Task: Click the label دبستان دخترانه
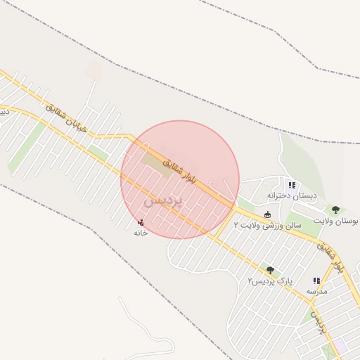[x=291, y=196]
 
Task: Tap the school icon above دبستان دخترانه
[x=291, y=186]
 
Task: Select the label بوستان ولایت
[x=335, y=221]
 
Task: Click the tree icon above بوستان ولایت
[x=335, y=210]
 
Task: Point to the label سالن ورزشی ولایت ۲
[x=268, y=226]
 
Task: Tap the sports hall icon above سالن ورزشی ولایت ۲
[x=267, y=214]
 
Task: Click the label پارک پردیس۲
[x=269, y=281]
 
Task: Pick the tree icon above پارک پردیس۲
[x=269, y=269]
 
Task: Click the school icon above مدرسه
[x=316, y=281]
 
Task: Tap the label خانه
[x=141, y=233]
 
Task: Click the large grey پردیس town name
[x=163, y=200]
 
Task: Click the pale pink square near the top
[x=94, y=71]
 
